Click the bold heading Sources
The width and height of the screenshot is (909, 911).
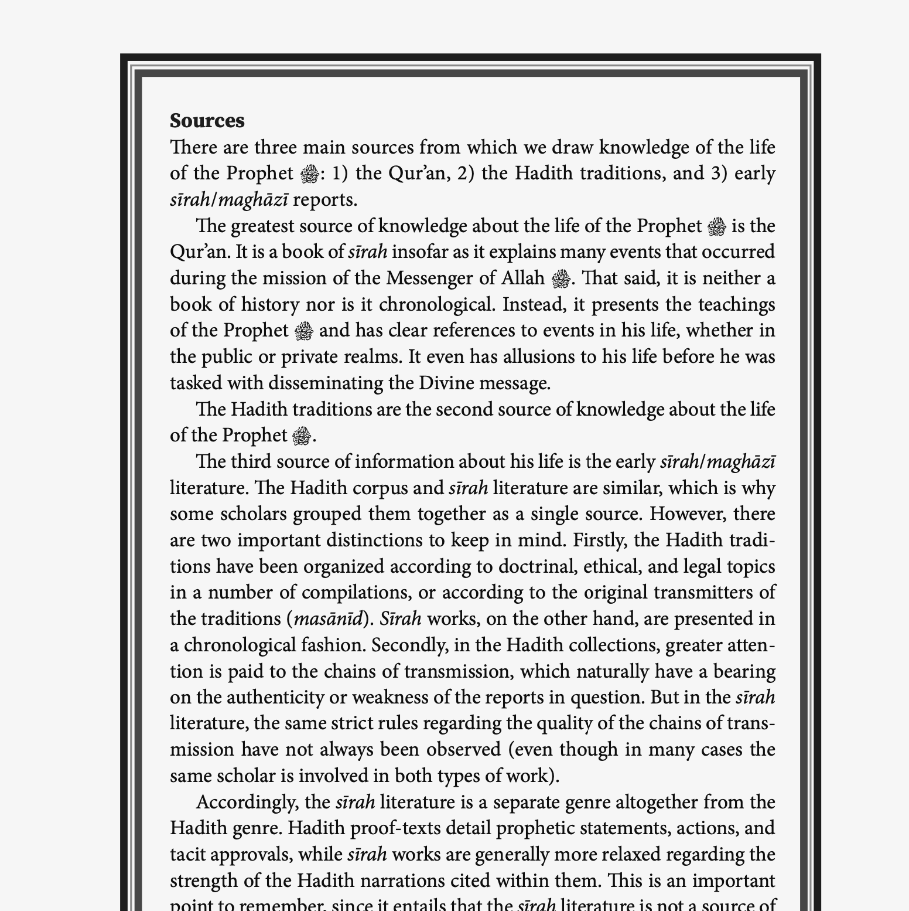point(207,121)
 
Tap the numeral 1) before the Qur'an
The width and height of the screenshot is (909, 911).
point(340,174)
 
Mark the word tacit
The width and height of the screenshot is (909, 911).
point(187,854)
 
